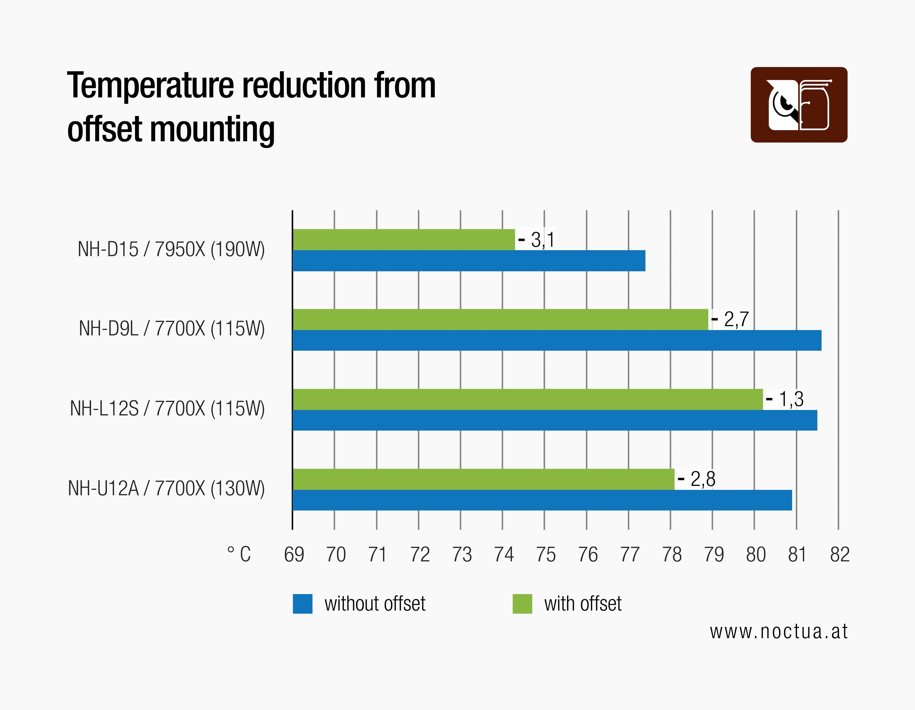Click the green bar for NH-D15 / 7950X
pyautogui.click(x=403, y=240)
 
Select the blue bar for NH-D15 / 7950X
pyautogui.click(x=468, y=261)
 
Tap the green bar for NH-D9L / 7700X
pyautogui.click(x=500, y=319)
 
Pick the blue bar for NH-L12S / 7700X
pyautogui.click(x=554, y=420)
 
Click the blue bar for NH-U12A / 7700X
pyautogui.click(x=542, y=500)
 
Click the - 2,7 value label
pyautogui.click(x=730, y=319)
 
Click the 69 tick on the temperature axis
pyautogui.click(x=294, y=555)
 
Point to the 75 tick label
pyautogui.click(x=546, y=555)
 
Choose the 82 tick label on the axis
pyautogui.click(x=840, y=555)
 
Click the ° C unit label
pyautogui.click(x=239, y=555)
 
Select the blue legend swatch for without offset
pyautogui.click(x=302, y=604)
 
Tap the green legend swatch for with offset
pyautogui.click(x=522, y=604)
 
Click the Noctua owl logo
pyautogui.click(x=798, y=105)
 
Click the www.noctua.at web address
pyautogui.click(x=779, y=632)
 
